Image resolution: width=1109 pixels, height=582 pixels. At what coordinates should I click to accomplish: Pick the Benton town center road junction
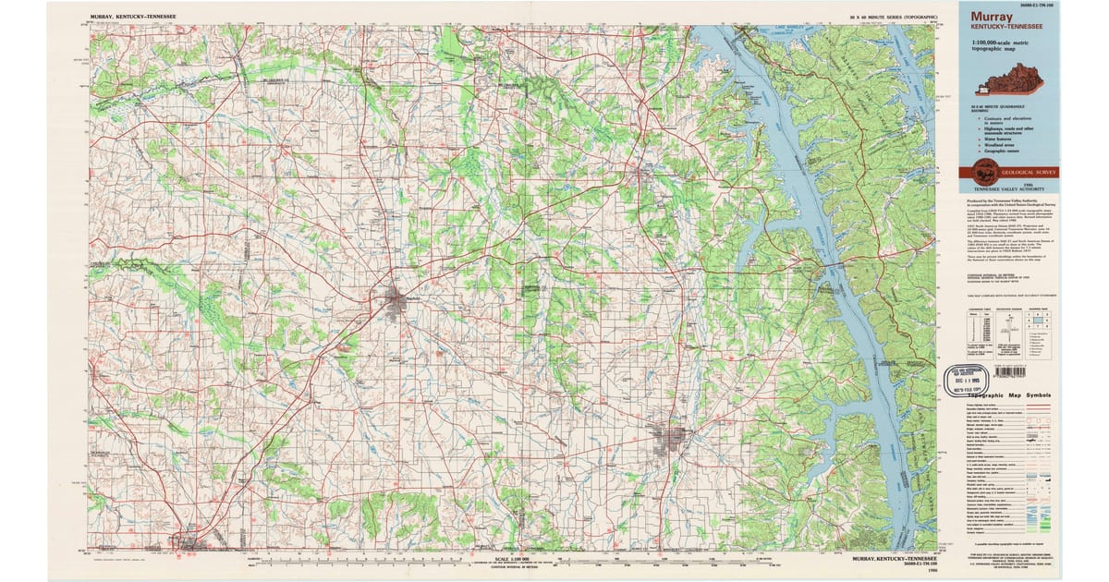641,173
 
